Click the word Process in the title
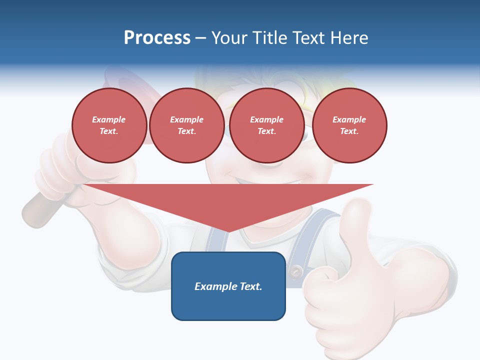click(x=157, y=38)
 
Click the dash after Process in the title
click(x=200, y=38)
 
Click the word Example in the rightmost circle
click(x=349, y=119)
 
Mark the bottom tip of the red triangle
click(x=228, y=231)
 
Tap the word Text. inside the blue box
click(x=250, y=286)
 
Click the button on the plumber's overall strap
click(x=296, y=271)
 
